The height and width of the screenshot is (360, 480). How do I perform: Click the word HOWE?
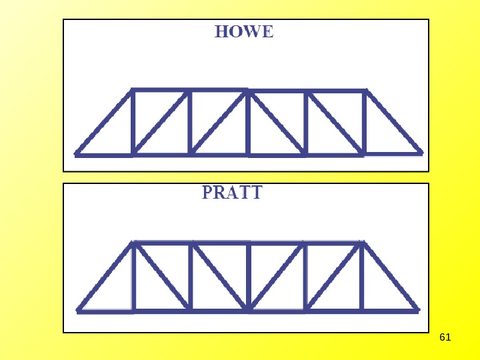[244, 32]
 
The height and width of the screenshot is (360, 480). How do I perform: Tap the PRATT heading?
[232, 193]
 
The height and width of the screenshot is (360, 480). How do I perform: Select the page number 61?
[445, 337]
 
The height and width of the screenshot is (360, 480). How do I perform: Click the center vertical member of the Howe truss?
[247, 123]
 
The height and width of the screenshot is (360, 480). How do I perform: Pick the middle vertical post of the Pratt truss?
[248, 277]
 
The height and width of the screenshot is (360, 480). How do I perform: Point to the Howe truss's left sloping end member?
[104, 122]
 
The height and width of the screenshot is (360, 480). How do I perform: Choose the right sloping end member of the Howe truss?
[393, 121]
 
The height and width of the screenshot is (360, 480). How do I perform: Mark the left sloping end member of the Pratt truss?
[106, 277]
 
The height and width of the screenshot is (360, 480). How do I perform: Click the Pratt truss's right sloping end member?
[390, 277]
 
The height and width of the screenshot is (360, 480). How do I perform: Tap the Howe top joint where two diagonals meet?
[247, 91]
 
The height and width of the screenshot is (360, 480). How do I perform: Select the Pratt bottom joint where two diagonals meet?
[248, 310]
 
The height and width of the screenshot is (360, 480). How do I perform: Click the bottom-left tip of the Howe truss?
[76, 154]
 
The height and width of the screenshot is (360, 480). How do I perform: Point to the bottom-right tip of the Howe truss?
[421, 153]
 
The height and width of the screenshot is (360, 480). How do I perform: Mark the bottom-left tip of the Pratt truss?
[79, 310]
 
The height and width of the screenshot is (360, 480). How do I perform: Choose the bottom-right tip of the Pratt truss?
[418, 310]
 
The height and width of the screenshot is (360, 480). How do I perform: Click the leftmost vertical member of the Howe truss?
[133, 122]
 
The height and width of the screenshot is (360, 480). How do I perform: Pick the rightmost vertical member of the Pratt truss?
[362, 277]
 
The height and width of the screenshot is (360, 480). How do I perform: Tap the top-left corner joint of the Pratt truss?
[133, 243]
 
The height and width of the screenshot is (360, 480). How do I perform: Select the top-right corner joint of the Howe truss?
[365, 91]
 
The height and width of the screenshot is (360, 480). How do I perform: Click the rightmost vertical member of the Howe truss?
[365, 122]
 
